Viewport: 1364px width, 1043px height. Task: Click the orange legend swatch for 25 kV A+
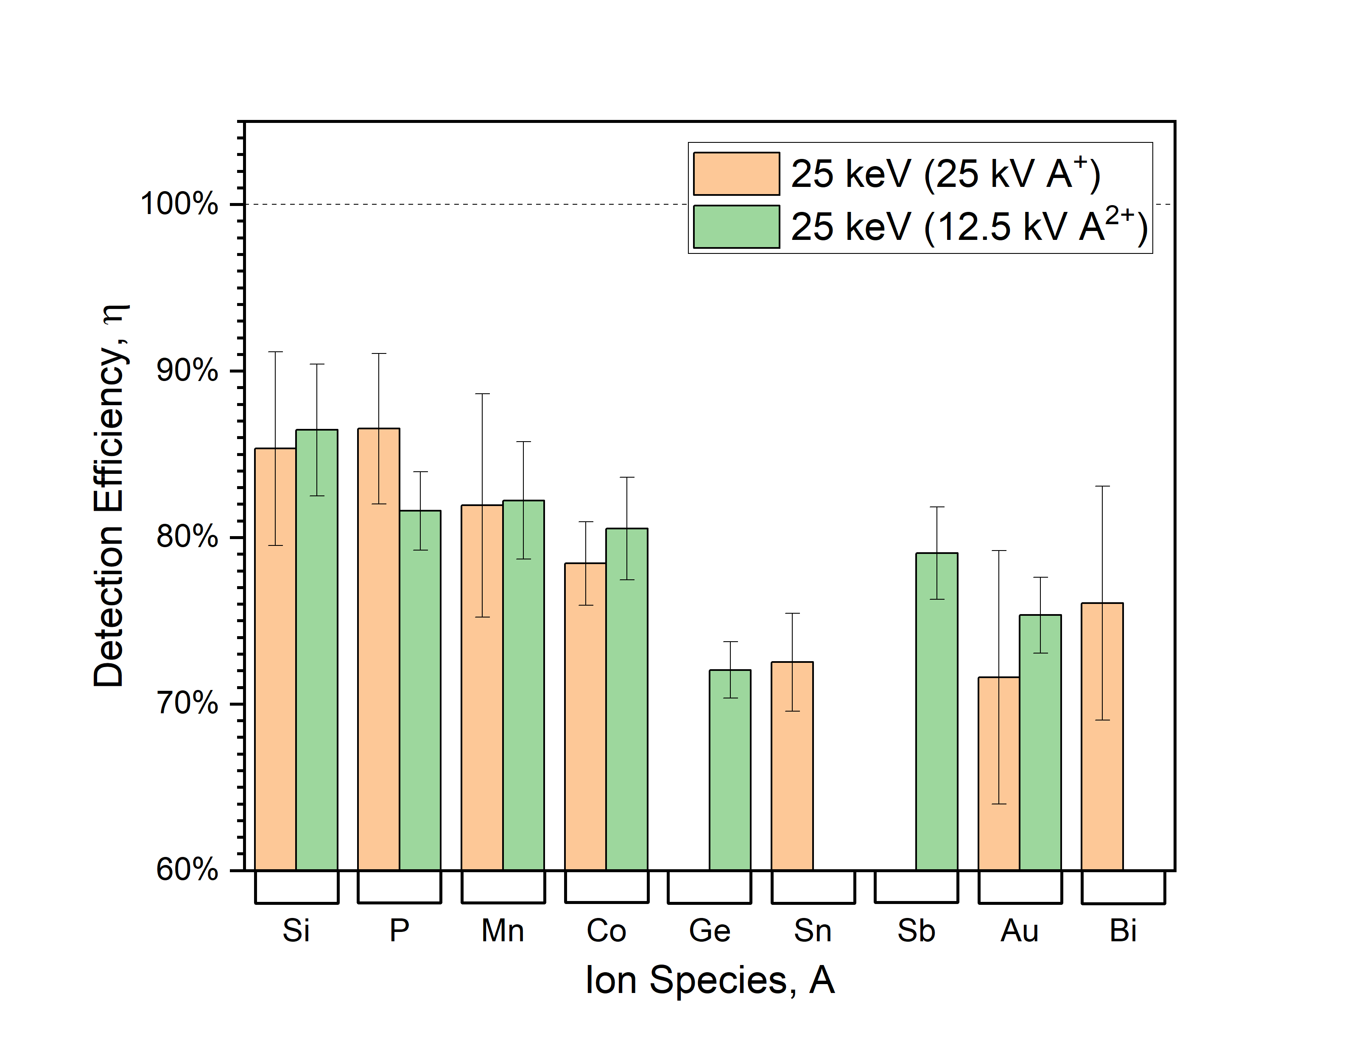736,174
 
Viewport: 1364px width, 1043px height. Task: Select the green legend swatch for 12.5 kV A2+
736,227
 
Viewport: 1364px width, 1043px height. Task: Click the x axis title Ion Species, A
709,980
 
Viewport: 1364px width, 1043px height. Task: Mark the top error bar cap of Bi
1102,486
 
